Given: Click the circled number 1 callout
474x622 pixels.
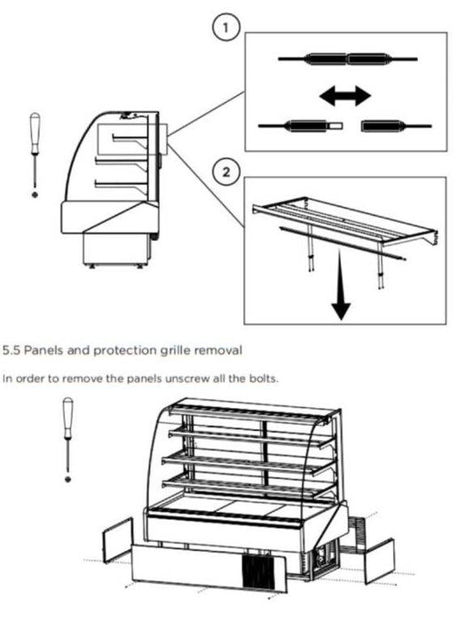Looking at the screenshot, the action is pyautogui.click(x=225, y=28).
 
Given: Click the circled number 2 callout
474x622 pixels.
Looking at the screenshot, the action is pyautogui.click(x=225, y=172).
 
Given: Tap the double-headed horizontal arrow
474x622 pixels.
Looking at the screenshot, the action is pyautogui.click(x=344, y=96).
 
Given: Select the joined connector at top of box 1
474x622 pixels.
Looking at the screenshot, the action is pyautogui.click(x=348, y=60).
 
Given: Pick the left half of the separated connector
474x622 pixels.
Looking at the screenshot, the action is pyautogui.click(x=300, y=126).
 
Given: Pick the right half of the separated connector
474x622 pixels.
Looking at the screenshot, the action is pyautogui.click(x=396, y=126).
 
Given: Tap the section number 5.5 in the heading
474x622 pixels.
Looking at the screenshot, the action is pyautogui.click(x=12, y=351).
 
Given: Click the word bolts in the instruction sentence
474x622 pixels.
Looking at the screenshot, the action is pyautogui.click(x=265, y=379).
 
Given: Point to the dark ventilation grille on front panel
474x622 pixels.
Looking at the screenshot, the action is pyautogui.click(x=258, y=571).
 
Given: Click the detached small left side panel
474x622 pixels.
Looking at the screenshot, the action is pyautogui.click(x=118, y=540).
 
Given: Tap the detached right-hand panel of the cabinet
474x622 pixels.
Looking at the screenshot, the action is pyautogui.click(x=379, y=561).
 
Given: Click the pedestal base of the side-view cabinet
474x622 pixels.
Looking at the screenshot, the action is pyautogui.click(x=115, y=249).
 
